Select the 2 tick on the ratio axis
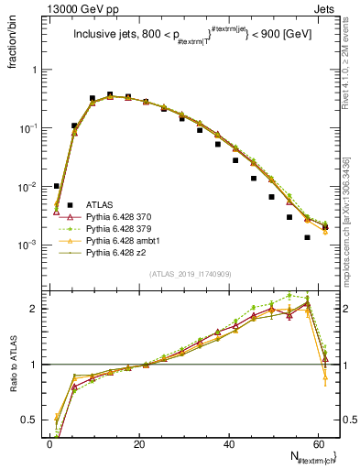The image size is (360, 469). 33,309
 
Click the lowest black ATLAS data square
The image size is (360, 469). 307,237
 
